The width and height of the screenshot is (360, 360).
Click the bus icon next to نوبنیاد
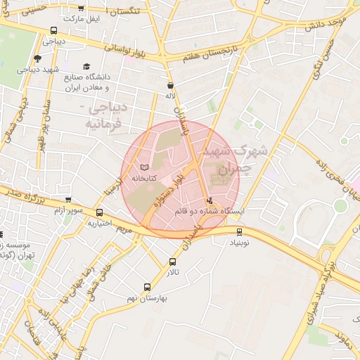[240, 231]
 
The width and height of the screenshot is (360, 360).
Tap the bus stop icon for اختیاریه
[99, 212]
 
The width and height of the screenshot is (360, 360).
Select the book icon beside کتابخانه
[145, 168]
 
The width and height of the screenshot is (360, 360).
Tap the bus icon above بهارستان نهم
[147, 287]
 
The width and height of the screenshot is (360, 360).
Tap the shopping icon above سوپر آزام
[67, 200]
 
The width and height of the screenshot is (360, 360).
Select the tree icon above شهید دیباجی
[37, 59]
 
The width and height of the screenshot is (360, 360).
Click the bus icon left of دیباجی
[54, 31]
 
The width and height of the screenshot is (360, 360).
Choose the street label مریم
[124, 229]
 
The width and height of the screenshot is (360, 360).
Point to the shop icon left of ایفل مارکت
[81, 8]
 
